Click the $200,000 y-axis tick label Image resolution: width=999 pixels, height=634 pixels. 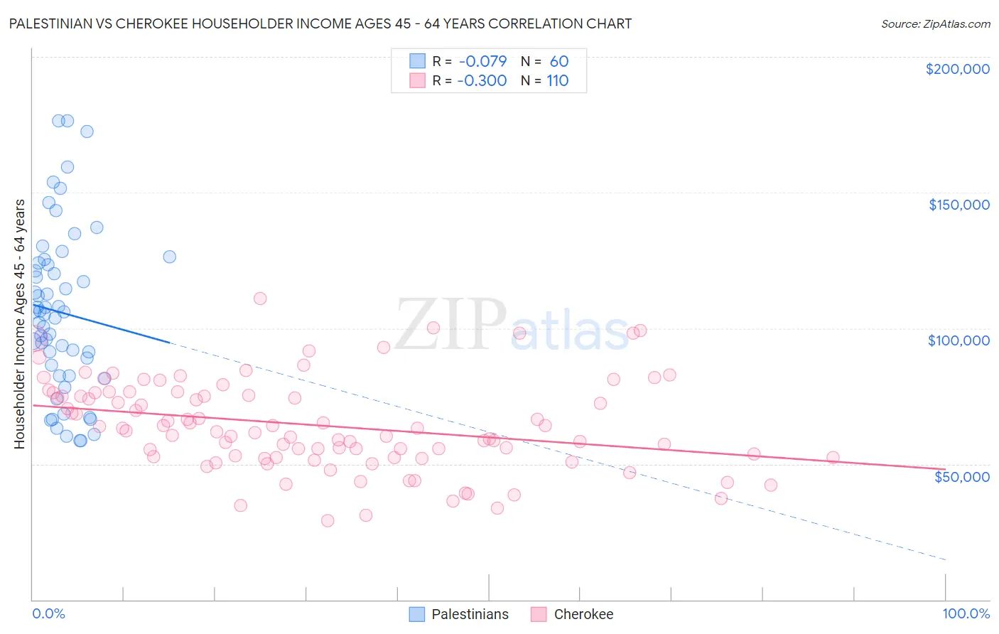pos(957,69)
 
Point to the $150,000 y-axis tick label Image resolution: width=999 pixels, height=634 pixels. pos(958,205)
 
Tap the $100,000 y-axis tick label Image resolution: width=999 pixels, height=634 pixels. pos(958,340)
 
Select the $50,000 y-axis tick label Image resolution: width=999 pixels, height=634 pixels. pos(961,476)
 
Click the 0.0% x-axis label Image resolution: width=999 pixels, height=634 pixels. pos(48,613)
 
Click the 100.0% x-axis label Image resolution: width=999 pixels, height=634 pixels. pos(966,613)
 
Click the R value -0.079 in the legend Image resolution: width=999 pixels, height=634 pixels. pos(482,61)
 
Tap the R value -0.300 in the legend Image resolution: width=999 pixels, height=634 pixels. pos(482,80)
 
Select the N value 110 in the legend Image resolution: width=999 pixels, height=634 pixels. pos(558,80)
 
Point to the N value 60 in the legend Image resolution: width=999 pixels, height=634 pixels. pos(559,61)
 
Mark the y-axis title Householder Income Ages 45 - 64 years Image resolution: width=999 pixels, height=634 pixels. pos(19,323)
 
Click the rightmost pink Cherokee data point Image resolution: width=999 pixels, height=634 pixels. pos(833,458)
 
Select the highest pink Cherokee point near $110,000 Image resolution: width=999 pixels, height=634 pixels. pos(260,299)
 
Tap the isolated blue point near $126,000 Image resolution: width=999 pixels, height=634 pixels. pos(169,257)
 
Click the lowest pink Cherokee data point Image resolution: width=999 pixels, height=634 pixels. pos(328,520)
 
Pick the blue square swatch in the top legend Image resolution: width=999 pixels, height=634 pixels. pos(417,61)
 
